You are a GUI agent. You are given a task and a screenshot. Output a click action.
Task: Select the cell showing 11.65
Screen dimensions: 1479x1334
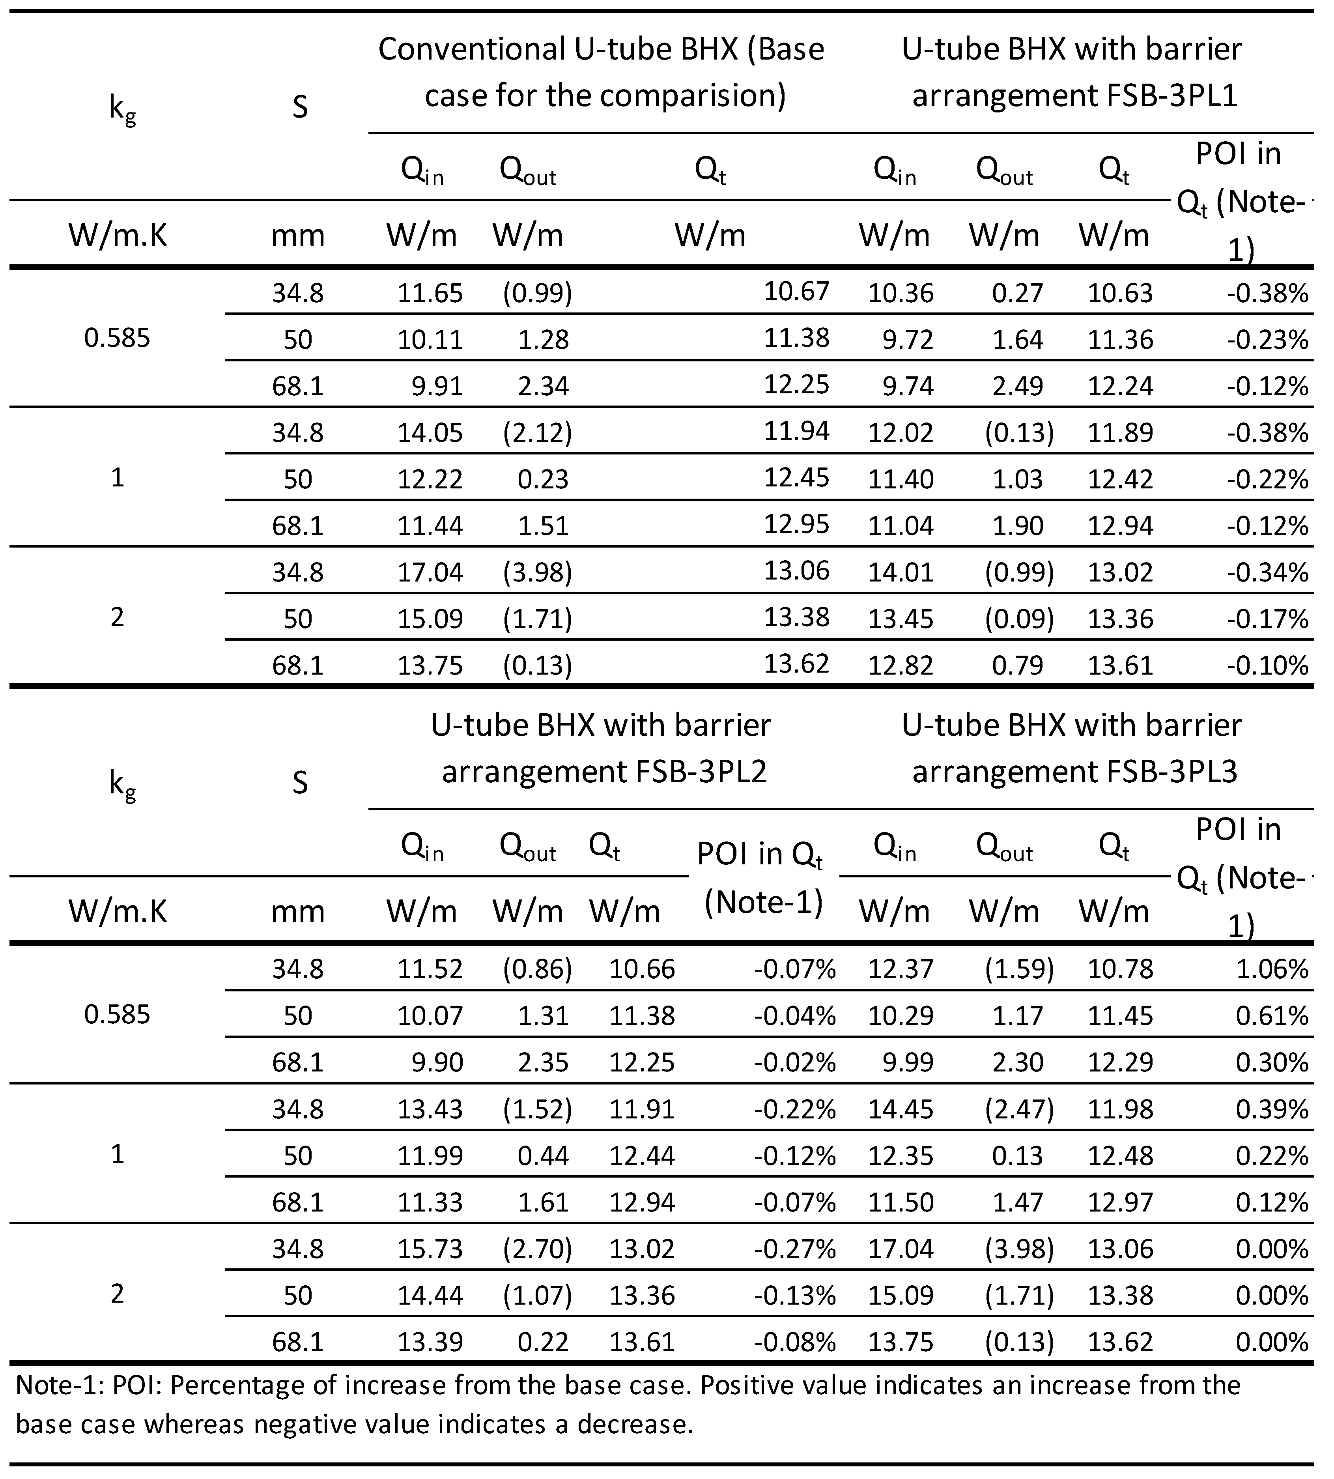(430, 293)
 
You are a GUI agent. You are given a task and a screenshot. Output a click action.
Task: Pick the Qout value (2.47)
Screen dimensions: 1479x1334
(1019, 1109)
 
